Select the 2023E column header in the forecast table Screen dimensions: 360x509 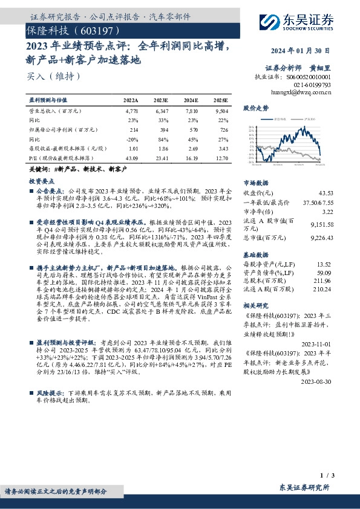point(160,100)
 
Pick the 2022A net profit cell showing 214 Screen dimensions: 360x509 point(134,130)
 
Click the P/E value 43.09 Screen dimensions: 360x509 point(131,158)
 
